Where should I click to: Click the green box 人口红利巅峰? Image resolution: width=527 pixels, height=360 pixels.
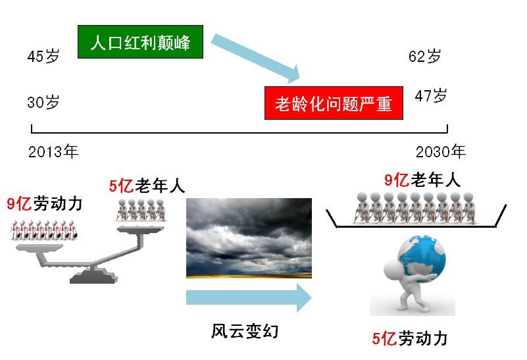(x=141, y=41)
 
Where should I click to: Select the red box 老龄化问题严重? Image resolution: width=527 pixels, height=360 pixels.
(x=334, y=103)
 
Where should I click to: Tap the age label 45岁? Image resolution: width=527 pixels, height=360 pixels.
(x=43, y=56)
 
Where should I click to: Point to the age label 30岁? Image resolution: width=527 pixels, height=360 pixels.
(x=43, y=102)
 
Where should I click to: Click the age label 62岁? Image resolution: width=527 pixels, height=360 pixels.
(x=425, y=56)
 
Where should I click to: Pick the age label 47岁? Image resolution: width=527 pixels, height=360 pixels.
(x=431, y=96)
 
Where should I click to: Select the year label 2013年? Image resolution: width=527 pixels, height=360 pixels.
(x=53, y=151)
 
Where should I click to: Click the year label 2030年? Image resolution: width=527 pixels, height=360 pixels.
(x=441, y=151)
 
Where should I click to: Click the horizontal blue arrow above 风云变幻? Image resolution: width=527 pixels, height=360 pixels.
(x=249, y=297)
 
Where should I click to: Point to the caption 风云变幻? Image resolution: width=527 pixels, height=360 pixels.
(x=245, y=331)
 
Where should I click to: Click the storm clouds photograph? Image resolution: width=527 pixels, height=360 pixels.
(x=249, y=238)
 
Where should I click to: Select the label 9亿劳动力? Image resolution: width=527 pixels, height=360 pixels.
(x=45, y=204)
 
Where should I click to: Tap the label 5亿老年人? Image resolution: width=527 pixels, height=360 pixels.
(x=147, y=186)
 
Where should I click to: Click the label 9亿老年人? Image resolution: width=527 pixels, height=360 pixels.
(x=422, y=180)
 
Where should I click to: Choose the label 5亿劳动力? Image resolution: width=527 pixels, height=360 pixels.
(x=410, y=338)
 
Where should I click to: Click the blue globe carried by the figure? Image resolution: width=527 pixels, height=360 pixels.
(x=422, y=257)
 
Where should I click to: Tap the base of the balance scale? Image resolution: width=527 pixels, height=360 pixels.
(x=94, y=276)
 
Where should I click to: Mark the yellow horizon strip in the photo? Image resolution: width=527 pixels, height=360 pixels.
(x=249, y=276)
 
